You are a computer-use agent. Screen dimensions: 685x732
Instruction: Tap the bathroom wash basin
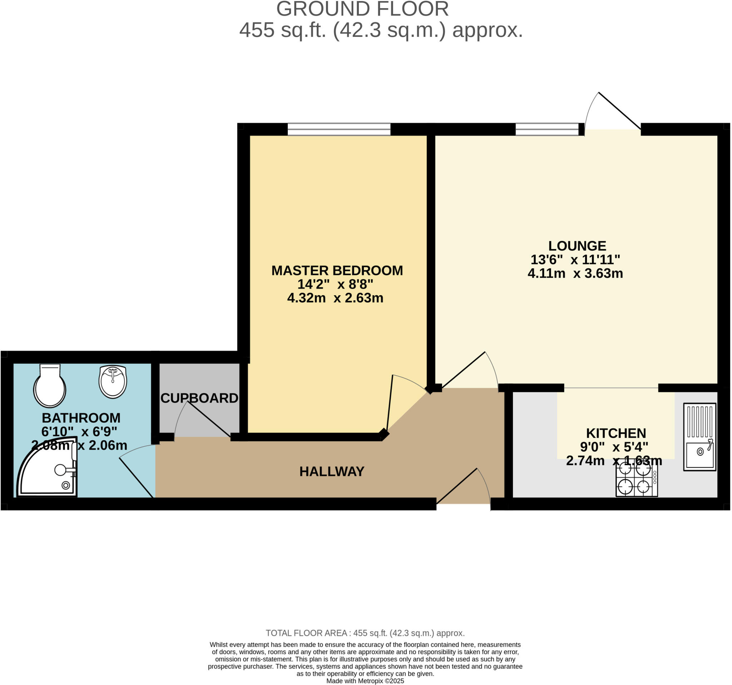coord(113,381)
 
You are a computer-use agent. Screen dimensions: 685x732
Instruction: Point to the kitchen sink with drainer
coord(699,437)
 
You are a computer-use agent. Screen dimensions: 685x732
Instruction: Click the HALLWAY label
coord(332,472)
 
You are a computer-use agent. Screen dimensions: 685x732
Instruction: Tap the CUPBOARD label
coord(199,398)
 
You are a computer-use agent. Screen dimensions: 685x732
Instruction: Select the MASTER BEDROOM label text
coord(337,270)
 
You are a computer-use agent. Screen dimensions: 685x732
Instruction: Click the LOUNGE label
coord(577,246)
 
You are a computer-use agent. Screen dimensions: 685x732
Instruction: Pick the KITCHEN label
coord(616,433)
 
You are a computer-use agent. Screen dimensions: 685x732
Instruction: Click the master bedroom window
coord(339,129)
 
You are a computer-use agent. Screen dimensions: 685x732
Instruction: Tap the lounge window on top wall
coord(547,129)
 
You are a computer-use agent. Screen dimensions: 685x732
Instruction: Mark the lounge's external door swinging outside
coord(613,112)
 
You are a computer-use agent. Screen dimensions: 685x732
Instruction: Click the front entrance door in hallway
coord(464,490)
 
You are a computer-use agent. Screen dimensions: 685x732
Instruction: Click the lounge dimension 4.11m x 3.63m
coord(575,273)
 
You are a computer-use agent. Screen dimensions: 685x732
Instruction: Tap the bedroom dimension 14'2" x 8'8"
coord(335,284)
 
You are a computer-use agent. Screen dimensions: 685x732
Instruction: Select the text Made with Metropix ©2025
coord(365,681)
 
